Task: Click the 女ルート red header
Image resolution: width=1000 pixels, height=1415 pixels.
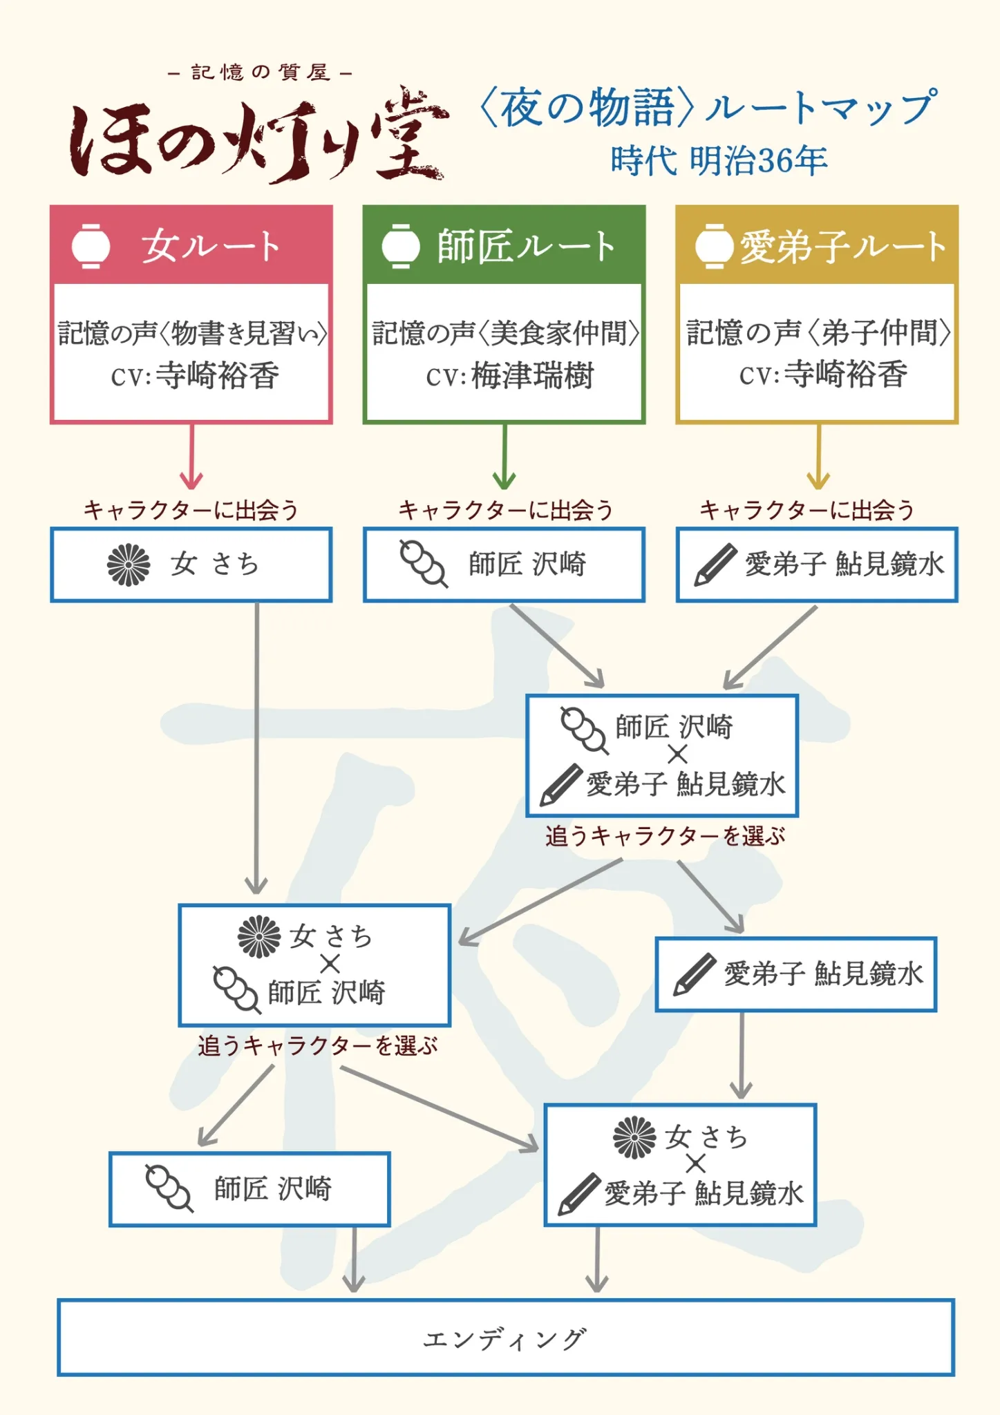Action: (x=191, y=245)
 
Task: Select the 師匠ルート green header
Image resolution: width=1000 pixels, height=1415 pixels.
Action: (x=504, y=245)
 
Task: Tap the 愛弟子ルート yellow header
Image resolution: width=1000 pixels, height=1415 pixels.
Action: (x=817, y=245)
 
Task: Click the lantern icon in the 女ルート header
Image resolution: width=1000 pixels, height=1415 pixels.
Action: (x=91, y=246)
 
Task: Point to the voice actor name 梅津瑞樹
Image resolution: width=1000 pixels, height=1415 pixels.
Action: (x=532, y=376)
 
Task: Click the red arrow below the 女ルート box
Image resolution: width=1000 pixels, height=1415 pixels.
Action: (x=191, y=456)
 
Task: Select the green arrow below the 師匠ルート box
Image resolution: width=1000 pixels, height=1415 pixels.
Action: (x=504, y=456)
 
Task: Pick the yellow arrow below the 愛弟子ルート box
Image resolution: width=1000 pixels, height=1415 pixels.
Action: (x=818, y=456)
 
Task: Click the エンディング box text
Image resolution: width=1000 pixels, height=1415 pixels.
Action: (x=505, y=1338)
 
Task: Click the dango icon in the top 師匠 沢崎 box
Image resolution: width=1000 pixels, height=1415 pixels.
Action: (x=423, y=564)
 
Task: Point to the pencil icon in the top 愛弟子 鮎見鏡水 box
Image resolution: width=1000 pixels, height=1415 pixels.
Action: (x=715, y=564)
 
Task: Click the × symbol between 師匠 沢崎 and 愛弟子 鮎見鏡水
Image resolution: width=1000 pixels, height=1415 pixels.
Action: (x=677, y=754)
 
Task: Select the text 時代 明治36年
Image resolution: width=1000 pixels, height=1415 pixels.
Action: (x=719, y=161)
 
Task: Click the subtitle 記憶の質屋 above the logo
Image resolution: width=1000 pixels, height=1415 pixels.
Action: (x=261, y=73)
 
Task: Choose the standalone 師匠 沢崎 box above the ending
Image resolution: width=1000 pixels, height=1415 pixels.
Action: (x=249, y=1189)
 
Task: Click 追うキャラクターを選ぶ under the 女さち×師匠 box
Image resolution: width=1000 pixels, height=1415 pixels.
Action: (x=318, y=1045)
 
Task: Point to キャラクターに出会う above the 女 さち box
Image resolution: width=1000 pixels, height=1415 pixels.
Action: (x=191, y=510)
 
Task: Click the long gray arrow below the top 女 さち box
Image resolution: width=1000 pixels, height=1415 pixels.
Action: (x=256, y=746)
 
